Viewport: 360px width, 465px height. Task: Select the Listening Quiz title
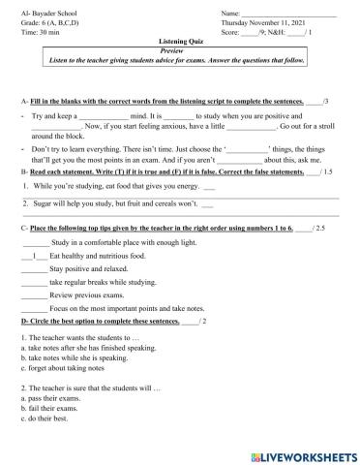tap(179, 43)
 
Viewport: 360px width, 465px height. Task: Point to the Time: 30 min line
tap(36, 33)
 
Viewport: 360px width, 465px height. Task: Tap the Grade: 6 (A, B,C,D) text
tap(48, 23)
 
